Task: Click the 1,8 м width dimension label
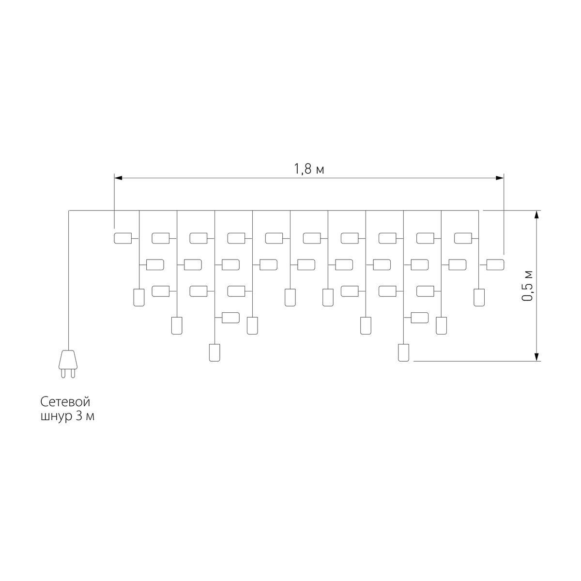[309, 169]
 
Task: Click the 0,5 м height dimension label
[527, 286]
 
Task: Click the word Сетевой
[65, 402]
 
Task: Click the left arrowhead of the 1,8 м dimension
[118, 178]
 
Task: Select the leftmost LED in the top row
[122, 238]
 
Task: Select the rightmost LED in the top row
[463, 238]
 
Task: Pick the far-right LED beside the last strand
[495, 265]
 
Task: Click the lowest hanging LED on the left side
[214, 352]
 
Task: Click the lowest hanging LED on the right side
[403, 352]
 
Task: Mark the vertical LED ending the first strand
[139, 298]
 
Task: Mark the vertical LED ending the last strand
[479, 298]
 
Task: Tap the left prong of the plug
[63, 373]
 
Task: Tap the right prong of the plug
[73, 373]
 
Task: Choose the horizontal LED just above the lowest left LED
[230, 318]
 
